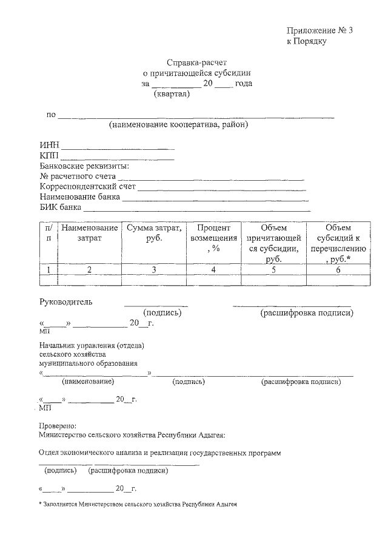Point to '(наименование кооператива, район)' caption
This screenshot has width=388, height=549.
pyautogui.click(x=179, y=125)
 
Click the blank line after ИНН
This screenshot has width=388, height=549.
pyautogui.click(x=118, y=147)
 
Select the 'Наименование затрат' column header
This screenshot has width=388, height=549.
pyautogui.click(x=89, y=233)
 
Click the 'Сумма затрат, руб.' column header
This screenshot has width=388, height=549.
pyautogui.click(x=153, y=233)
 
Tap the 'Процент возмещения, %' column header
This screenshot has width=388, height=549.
pyautogui.click(x=213, y=238)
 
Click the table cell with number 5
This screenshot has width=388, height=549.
pyautogui.click(x=274, y=270)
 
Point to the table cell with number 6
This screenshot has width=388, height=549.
pyautogui.click(x=338, y=270)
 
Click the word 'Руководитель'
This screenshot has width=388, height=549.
pyautogui.click(x=67, y=302)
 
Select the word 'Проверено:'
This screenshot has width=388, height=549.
pyautogui.click(x=58, y=425)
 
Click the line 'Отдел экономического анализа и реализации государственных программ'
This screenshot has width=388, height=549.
pyautogui.click(x=160, y=453)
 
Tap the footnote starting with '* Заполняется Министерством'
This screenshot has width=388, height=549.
pyautogui.click(x=137, y=504)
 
